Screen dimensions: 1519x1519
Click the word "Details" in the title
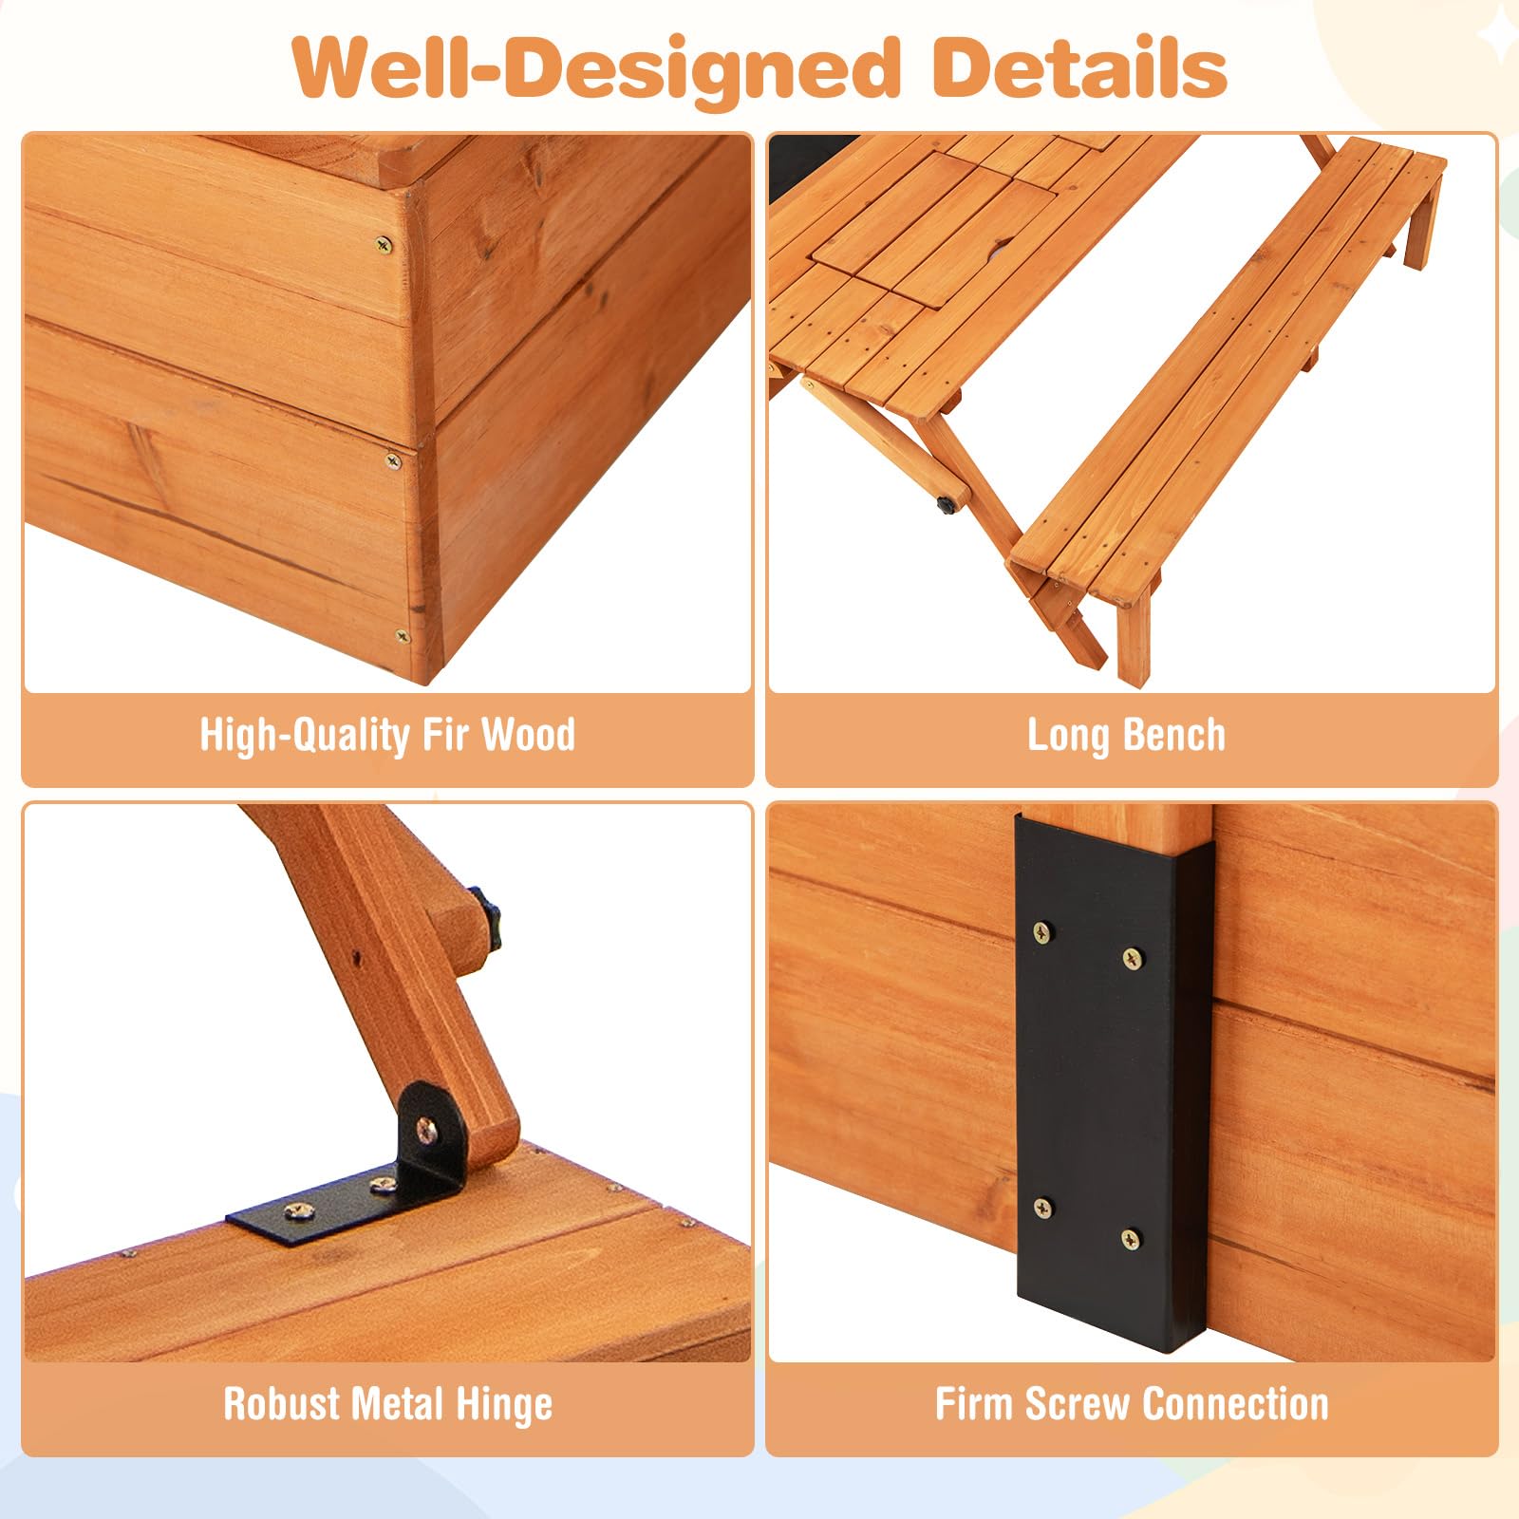coord(1079,68)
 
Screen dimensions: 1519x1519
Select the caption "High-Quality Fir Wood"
coord(387,736)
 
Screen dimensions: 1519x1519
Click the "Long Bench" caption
coord(1126,736)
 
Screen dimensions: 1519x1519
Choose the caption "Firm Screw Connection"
coord(1132,1404)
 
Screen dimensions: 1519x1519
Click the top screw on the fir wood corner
coord(384,245)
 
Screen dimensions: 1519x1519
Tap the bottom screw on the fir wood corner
coord(403,635)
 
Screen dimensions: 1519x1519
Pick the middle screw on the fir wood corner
coord(393,461)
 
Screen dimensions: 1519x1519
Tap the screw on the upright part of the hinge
coord(428,1129)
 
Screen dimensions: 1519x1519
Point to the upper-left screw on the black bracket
coord(1042,932)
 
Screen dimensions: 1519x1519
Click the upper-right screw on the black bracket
coord(1133,958)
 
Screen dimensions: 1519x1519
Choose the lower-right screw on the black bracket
coord(1130,1238)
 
